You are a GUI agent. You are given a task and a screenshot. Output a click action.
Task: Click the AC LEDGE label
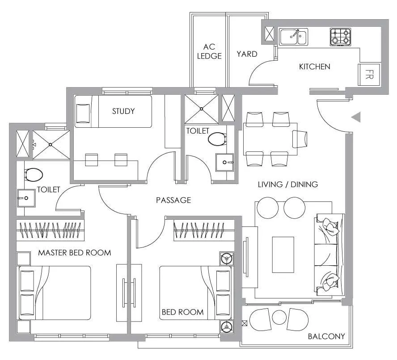coord(209,51)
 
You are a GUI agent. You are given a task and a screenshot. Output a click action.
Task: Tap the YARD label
coord(247,54)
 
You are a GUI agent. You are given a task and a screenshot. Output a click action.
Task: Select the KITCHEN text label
coord(314,67)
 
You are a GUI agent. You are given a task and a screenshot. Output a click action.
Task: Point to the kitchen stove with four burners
coord(341,37)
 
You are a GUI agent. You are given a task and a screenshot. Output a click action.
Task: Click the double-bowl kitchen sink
coord(293,37)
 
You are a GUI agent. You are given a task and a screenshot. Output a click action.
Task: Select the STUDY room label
coord(123,111)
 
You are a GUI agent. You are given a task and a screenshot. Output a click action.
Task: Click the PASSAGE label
coord(173,200)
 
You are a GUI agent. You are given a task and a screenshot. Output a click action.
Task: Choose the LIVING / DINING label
coord(288,184)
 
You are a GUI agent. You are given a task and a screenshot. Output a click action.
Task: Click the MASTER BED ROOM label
coord(74,252)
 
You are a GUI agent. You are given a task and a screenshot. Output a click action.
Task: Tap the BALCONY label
coord(326,336)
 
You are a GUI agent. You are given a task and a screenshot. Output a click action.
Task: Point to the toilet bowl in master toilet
coord(34,175)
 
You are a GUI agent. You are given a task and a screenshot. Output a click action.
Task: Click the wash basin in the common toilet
coord(224,163)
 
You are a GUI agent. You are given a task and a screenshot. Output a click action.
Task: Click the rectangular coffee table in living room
coord(283,255)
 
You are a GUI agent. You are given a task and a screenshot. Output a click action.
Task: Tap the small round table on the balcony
coord(279,317)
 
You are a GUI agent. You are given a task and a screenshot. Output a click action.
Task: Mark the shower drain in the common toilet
coord(202,109)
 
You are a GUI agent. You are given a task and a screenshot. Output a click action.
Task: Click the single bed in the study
coord(113,111)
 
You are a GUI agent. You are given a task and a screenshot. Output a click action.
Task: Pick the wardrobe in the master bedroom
coord(50,230)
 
